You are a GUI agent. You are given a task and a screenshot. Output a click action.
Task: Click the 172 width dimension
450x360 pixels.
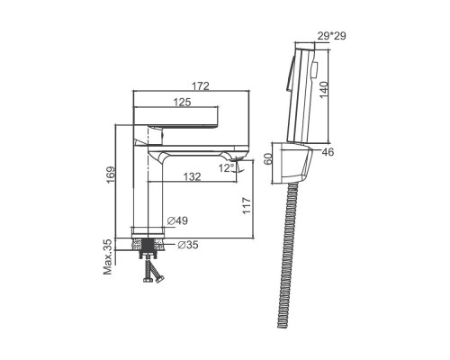[201, 86]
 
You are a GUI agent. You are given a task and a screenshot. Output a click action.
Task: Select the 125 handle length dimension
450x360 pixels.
[182, 103]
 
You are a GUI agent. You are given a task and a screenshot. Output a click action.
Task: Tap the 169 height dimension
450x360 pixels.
[111, 175]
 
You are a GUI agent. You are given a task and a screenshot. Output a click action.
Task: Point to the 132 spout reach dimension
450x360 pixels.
[192, 176]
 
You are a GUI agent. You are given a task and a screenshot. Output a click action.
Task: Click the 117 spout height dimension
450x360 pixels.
[247, 205]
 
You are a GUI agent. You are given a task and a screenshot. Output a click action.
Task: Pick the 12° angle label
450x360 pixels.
[227, 168]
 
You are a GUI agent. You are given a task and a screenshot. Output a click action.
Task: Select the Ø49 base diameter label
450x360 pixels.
[177, 221]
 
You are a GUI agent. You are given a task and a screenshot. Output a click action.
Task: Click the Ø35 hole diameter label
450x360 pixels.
[188, 245]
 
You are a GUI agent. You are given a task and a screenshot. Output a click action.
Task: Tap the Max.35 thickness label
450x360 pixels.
[107, 256]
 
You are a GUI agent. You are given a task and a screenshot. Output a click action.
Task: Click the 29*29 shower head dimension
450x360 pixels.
[331, 36]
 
